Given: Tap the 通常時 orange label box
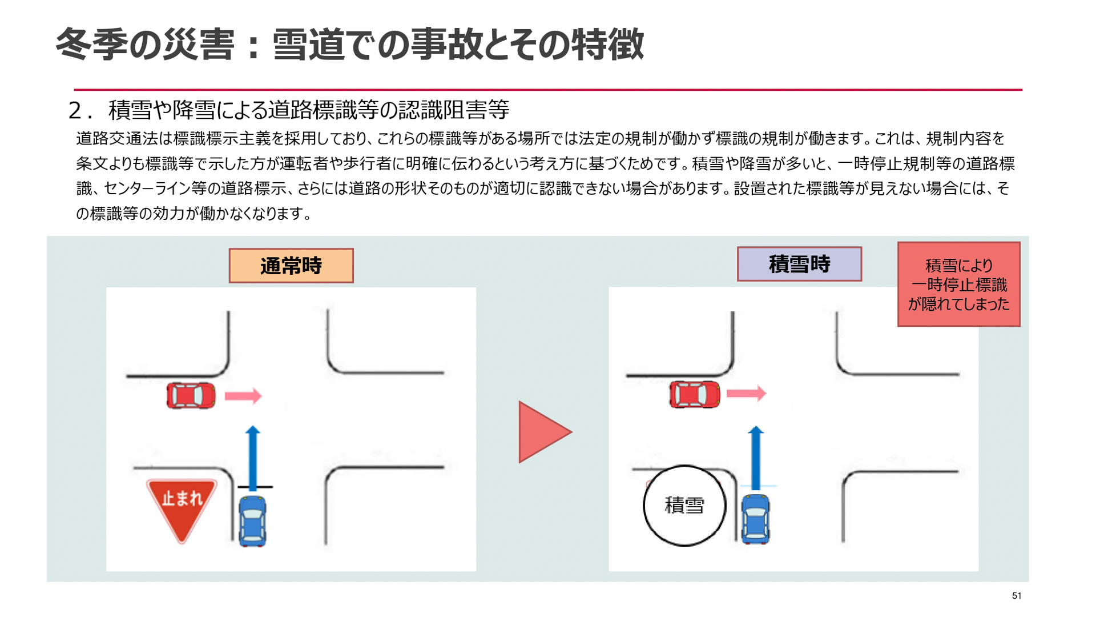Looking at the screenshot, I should pyautogui.click(x=291, y=266).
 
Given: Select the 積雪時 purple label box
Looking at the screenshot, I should pyautogui.click(x=799, y=264).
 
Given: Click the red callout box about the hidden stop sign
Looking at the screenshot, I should pyautogui.click(x=958, y=284).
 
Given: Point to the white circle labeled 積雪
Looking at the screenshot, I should pyautogui.click(x=684, y=506).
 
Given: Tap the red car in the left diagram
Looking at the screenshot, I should pyautogui.click(x=191, y=395).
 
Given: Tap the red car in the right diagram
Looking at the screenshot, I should pyautogui.click(x=694, y=394).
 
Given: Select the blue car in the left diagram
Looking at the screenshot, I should pyautogui.click(x=252, y=521).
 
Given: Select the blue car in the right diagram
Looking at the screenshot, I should pyautogui.click(x=755, y=519).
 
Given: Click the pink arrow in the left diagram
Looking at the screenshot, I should pyautogui.click(x=243, y=396).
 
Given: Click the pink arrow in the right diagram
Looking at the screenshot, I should pyautogui.click(x=746, y=393).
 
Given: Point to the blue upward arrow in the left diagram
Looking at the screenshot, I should pyautogui.click(x=253, y=457).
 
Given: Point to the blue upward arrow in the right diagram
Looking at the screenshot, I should pyautogui.click(x=756, y=457).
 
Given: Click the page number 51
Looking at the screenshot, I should pyautogui.click(x=1016, y=595).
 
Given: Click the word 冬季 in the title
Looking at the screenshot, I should pyautogui.click(x=91, y=45).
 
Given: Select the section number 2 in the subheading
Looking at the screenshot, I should pyautogui.click(x=75, y=110).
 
